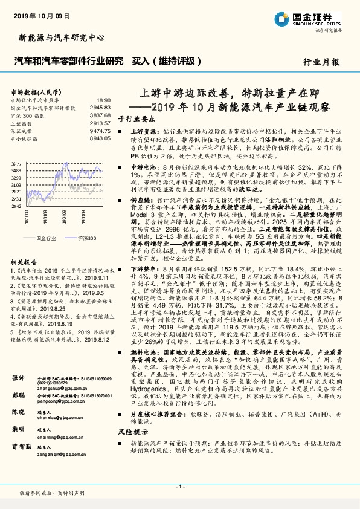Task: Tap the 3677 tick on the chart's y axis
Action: click(x=16, y=164)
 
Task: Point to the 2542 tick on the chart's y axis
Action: click(x=16, y=206)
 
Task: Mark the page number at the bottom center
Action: click(x=179, y=487)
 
